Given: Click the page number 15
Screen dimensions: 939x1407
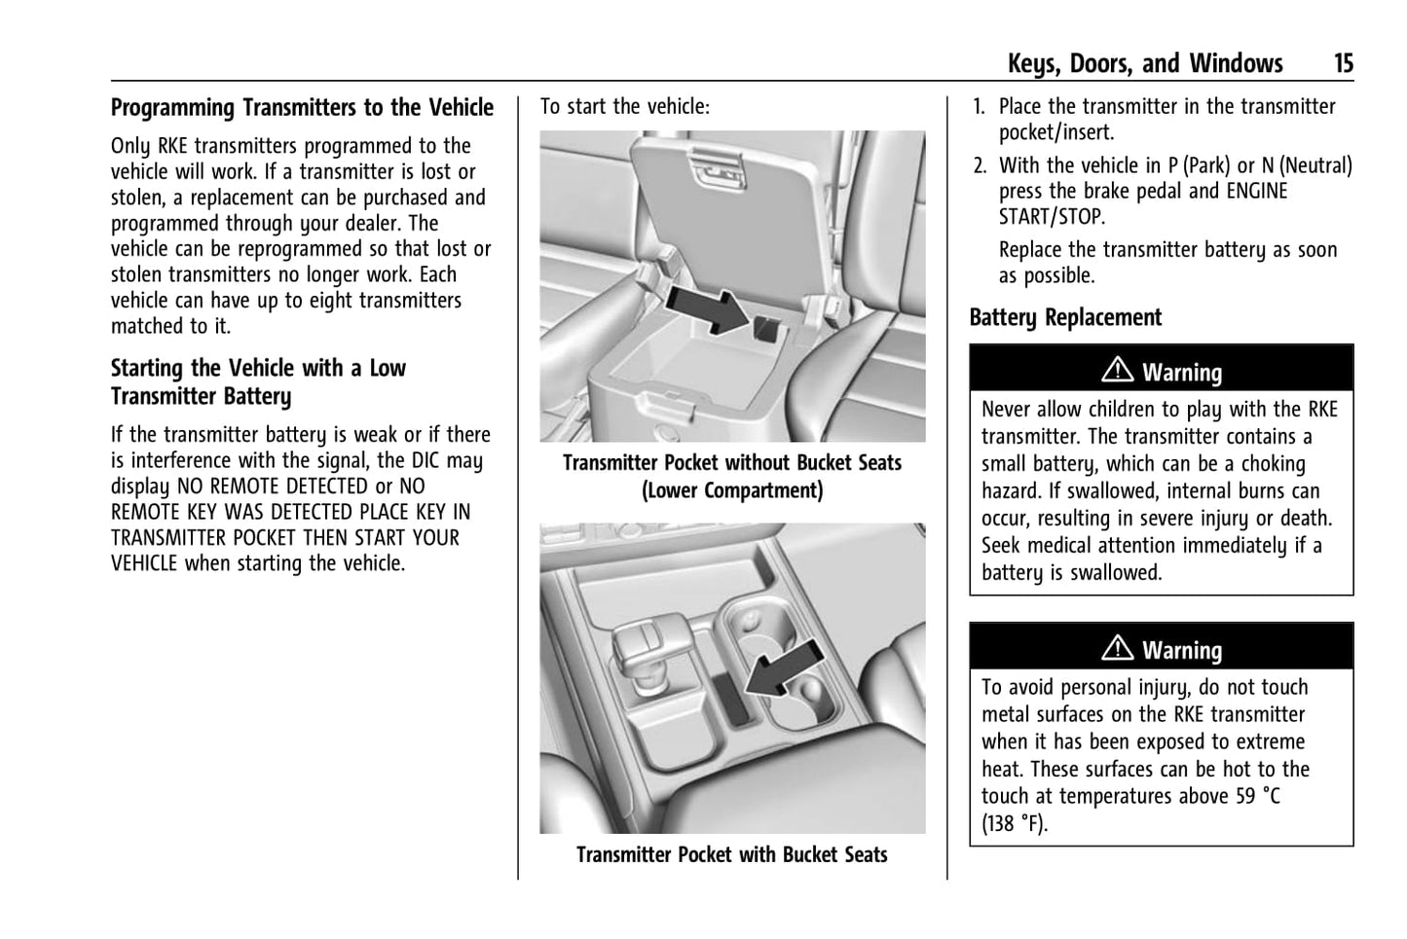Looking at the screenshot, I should coord(1343,64).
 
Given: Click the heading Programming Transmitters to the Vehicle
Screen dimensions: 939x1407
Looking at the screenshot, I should coord(302,108).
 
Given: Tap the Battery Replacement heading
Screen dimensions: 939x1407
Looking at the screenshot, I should coord(1065,318).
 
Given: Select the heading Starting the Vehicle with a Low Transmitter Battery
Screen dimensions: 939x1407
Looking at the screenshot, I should coord(258,382).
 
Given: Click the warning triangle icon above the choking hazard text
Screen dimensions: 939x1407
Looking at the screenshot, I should coord(1117,371).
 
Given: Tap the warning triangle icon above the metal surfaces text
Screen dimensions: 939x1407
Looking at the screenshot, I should coord(1117,648).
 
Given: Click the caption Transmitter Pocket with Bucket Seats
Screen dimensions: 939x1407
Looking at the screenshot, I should coord(731,855).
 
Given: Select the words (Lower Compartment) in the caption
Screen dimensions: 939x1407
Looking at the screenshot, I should coord(731,490).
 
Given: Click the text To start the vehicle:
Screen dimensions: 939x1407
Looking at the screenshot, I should coord(625,107).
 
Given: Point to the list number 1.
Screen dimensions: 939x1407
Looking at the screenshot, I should coord(979,107).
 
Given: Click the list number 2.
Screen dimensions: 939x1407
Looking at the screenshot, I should coord(980,166).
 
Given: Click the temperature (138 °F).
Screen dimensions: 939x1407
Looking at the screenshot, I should coord(1014,824).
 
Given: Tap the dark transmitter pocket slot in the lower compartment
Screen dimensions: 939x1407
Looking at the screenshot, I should coord(764,327).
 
